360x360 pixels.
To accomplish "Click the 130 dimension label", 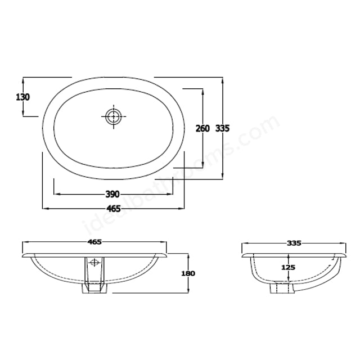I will (22, 97).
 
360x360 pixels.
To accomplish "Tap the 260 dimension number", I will (202, 128).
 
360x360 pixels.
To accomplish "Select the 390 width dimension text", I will (112, 194).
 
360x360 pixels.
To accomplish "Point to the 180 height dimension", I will (188, 273).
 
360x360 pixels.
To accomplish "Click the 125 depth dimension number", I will (288, 268).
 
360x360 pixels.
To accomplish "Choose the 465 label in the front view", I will (94, 242).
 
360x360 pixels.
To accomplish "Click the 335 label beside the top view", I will (223, 128).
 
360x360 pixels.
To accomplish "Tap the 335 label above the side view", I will (294, 243).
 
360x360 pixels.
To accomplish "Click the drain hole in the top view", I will (114, 117).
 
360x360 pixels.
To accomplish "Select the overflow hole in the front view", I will (94, 262).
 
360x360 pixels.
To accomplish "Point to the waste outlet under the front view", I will (94, 288).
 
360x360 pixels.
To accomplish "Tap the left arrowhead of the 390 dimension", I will (55, 194).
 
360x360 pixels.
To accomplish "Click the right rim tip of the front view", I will (167, 255).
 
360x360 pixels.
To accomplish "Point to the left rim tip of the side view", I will (243, 255).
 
